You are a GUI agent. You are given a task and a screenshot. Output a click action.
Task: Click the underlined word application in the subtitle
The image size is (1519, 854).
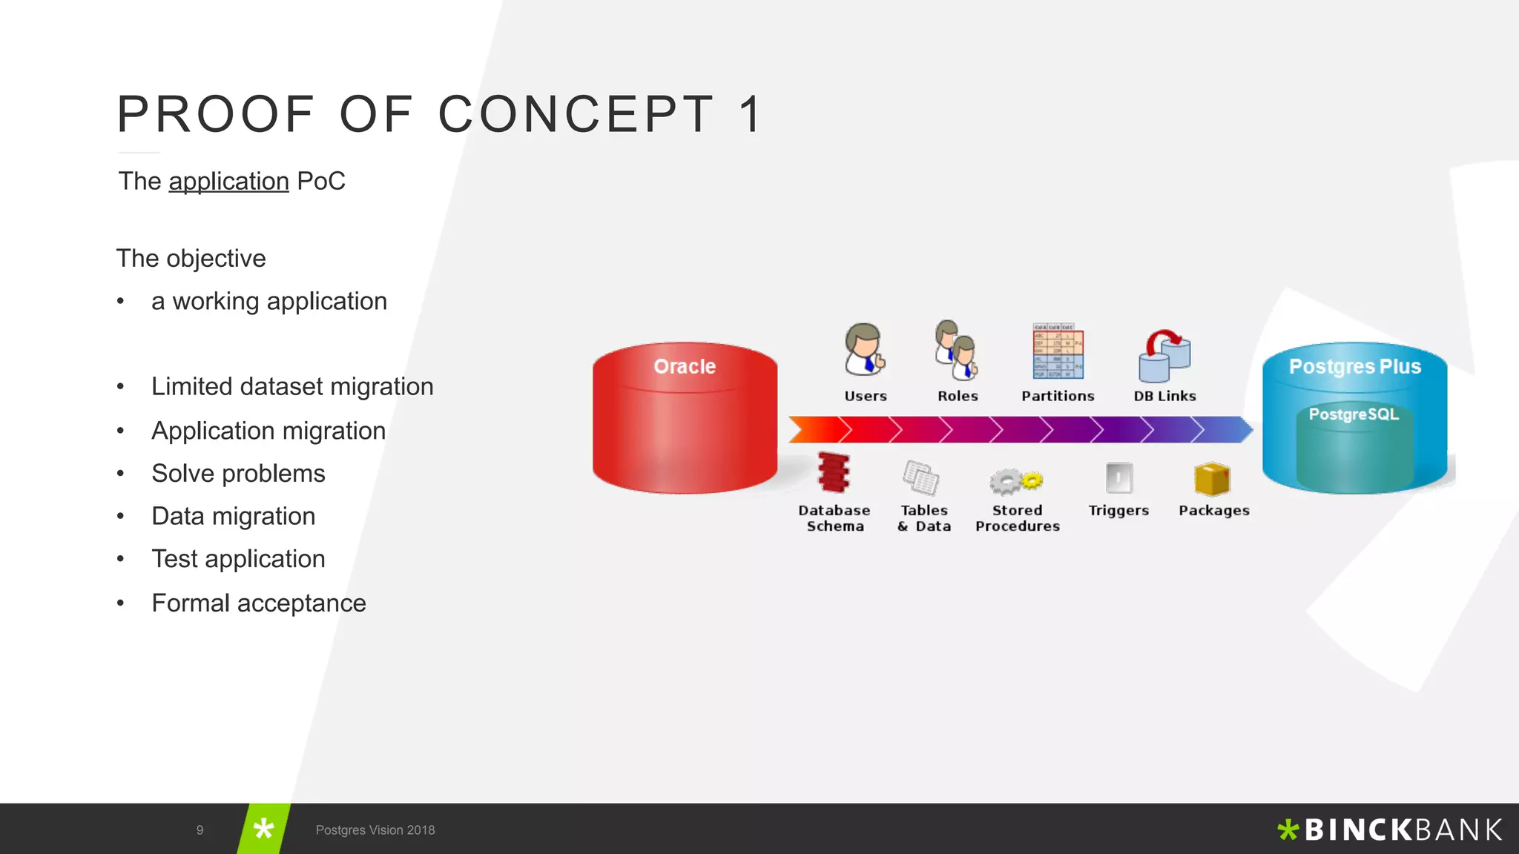(228, 182)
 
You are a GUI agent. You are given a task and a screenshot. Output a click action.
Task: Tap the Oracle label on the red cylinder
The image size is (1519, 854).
(684, 366)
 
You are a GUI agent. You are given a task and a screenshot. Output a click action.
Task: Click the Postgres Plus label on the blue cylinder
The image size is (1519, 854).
(1354, 366)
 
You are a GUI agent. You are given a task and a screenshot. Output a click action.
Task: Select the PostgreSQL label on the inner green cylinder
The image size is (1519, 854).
(1354, 414)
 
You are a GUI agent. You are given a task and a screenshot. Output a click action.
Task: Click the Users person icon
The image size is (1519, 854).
(864, 349)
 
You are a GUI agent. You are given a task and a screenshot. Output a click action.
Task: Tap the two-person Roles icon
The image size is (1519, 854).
(956, 349)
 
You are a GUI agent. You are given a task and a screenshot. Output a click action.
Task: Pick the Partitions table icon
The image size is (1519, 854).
(1058, 351)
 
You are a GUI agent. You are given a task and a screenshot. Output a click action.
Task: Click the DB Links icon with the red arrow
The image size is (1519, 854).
(1164, 356)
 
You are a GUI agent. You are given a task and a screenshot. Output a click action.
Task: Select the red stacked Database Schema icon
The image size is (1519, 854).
(834, 473)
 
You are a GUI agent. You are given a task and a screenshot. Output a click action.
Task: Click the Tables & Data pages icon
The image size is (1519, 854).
(921, 477)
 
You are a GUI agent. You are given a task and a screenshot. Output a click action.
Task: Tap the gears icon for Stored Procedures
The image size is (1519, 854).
(1015, 481)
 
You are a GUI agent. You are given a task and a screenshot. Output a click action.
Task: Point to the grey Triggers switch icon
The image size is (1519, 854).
(1118, 478)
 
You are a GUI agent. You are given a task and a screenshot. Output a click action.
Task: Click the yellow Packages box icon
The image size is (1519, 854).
(1212, 479)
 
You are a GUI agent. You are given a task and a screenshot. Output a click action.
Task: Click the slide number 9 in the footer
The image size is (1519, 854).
(200, 830)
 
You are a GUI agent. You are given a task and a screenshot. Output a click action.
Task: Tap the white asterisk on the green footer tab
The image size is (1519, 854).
(263, 829)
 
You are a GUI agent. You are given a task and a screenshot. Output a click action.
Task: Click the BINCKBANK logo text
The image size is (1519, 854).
(1402, 830)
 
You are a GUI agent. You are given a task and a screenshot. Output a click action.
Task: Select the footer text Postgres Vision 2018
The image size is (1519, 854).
(375, 830)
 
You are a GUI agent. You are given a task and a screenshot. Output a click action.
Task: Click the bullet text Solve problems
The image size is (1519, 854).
(238, 474)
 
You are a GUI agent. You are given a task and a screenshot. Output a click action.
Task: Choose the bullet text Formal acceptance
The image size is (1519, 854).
(258, 603)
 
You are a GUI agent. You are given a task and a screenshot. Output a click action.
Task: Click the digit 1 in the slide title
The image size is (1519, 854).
(751, 115)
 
